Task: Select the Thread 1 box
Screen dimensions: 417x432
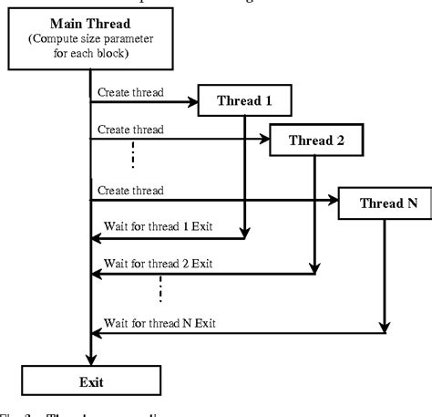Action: point(243,102)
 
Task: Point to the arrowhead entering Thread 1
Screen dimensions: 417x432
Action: point(193,102)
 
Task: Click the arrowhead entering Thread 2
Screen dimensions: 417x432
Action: point(266,140)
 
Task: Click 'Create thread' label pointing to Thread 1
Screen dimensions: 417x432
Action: point(130,91)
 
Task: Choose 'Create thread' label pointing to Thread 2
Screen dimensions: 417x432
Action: point(130,130)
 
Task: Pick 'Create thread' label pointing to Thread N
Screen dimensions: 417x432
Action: point(130,191)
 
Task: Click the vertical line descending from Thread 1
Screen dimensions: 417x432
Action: point(243,173)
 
